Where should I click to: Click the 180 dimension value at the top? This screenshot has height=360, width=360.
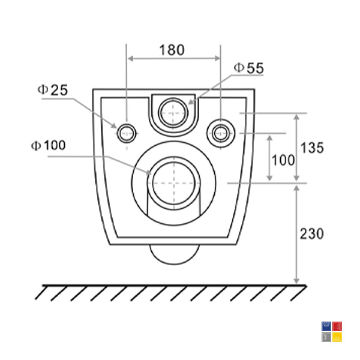[x=172, y=50]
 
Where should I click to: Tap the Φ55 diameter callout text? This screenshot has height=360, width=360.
[x=249, y=68]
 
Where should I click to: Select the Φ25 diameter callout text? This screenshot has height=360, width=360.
[x=53, y=90]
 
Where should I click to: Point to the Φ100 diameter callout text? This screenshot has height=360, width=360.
[x=49, y=145]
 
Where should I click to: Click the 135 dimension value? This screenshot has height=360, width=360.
[x=312, y=148]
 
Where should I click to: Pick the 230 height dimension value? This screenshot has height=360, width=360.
[x=312, y=234]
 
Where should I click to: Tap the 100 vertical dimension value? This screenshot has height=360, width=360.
[x=283, y=160]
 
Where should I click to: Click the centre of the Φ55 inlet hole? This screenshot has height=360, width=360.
[x=173, y=113]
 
